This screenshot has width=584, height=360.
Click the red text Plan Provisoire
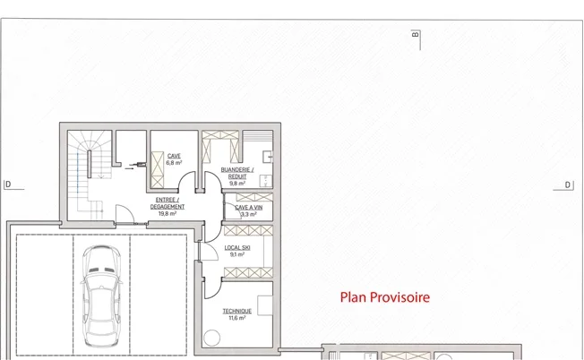(x=385, y=297)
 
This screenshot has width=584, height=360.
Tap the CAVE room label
(x=174, y=156)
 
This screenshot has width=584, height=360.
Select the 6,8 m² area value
(x=174, y=163)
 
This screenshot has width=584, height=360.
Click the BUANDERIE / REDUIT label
(x=237, y=173)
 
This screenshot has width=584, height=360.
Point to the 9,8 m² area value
(x=237, y=184)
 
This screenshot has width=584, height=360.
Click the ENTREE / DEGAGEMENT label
(x=167, y=203)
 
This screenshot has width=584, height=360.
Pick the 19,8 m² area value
(x=167, y=214)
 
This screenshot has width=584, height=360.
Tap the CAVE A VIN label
(x=249, y=208)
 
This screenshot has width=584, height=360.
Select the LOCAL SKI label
(x=237, y=247)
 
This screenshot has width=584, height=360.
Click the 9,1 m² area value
(x=237, y=254)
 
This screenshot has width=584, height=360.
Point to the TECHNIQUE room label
(x=237, y=311)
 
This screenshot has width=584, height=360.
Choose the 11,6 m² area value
(x=237, y=318)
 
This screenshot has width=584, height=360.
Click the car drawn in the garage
(x=101, y=296)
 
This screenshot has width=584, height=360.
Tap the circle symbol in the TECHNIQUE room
(x=211, y=338)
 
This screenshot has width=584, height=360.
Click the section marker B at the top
(x=416, y=35)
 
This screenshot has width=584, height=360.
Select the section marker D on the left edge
(x=8, y=184)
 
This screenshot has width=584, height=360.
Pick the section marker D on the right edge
(x=568, y=185)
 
